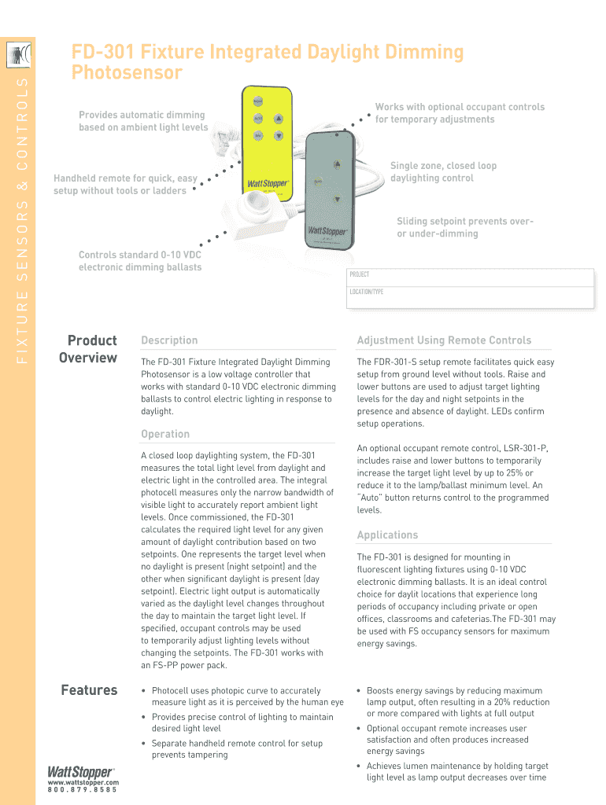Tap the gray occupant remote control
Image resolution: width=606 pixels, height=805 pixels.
[x=330, y=193]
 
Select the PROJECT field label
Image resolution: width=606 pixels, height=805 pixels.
[x=359, y=275]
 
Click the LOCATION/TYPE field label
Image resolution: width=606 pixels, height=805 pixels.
[x=366, y=292]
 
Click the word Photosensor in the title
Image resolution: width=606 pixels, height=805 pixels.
[x=127, y=73]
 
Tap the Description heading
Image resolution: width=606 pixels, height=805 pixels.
[x=169, y=340]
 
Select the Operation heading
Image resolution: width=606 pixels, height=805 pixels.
[x=165, y=434]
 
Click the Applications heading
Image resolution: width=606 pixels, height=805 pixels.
[x=387, y=535]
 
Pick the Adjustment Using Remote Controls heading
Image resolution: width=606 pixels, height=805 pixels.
[x=444, y=340]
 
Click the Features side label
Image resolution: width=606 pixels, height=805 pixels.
[x=89, y=690]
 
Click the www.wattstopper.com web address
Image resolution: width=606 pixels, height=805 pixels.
[x=83, y=783]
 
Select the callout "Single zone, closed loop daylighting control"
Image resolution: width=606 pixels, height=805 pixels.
[x=443, y=172]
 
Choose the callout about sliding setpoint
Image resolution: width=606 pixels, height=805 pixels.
[x=464, y=228]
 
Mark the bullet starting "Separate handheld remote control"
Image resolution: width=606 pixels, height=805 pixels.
[x=237, y=749]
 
